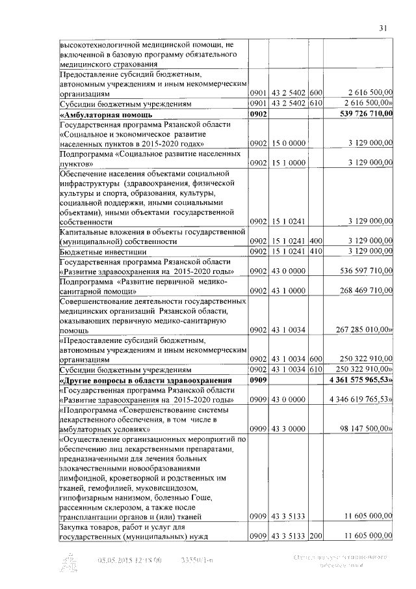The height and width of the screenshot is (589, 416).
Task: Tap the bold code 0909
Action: (259, 380)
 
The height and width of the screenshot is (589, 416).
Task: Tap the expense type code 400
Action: (317, 241)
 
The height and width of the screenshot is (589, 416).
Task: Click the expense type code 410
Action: (317, 251)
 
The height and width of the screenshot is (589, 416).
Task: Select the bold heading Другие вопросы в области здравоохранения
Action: (146, 380)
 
